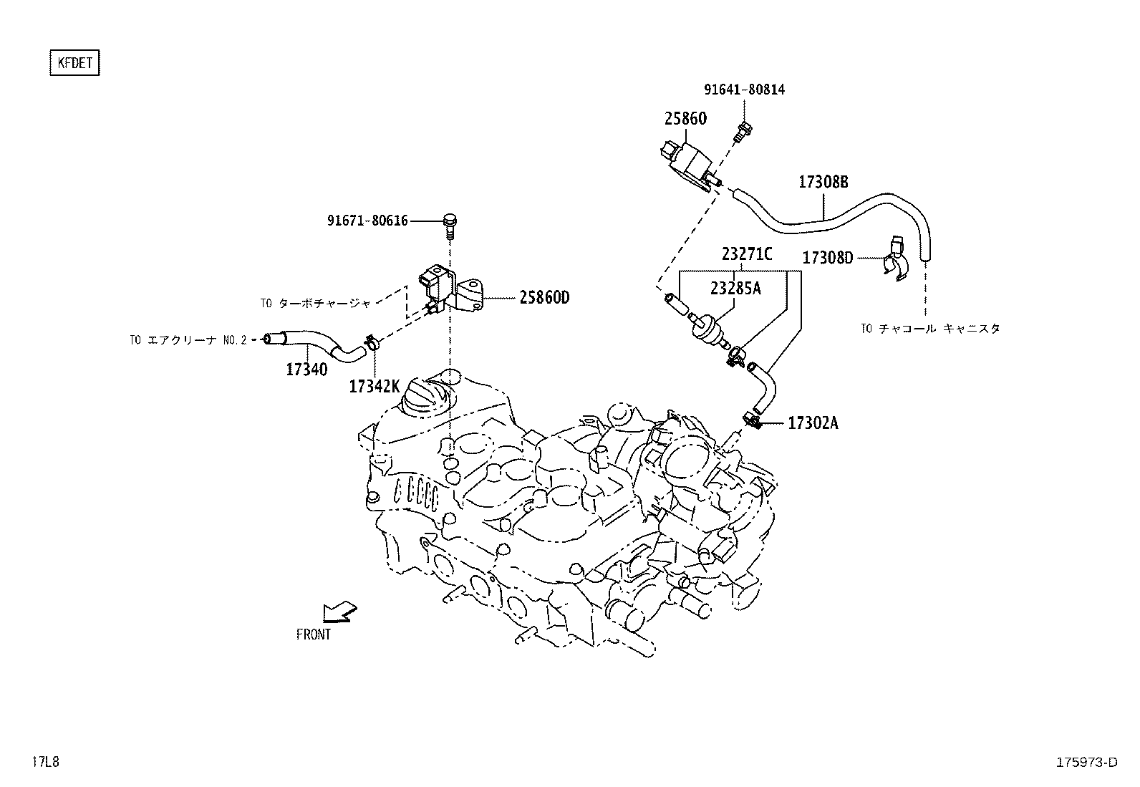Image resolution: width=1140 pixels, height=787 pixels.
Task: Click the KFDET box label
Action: [x=74, y=63]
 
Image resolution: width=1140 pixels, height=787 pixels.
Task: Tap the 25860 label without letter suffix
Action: [x=685, y=118]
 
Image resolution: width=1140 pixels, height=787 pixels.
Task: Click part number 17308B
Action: [x=823, y=182]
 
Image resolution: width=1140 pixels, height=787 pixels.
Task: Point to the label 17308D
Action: [x=828, y=258]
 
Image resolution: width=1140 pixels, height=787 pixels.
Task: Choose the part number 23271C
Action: [x=747, y=254]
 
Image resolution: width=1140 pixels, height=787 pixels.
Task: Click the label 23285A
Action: [x=735, y=288]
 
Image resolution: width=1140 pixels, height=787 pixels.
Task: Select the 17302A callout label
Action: [x=813, y=423]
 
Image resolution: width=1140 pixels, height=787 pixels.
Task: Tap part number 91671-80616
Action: [x=367, y=221]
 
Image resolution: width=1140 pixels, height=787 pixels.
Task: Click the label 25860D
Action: [x=544, y=297]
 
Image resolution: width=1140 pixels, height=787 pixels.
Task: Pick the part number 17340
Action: [x=306, y=370]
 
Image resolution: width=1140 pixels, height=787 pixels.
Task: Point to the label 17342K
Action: [x=374, y=387]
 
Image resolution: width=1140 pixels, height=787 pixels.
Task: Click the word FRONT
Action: [x=314, y=634]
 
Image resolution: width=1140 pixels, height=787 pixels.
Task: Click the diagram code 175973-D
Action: [x=1086, y=762]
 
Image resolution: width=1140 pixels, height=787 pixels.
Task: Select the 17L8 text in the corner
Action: [x=44, y=762]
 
